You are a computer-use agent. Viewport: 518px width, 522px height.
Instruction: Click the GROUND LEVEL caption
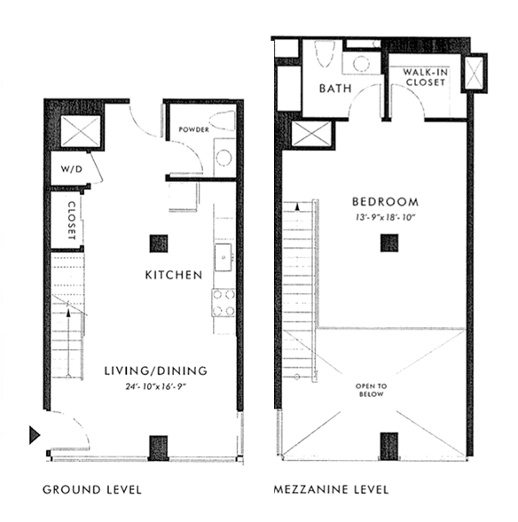point(91,489)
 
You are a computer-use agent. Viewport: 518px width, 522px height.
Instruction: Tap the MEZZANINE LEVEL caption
point(331,489)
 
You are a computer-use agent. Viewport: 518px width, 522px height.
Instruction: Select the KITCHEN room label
point(173,276)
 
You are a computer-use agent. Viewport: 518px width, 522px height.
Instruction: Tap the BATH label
point(334,89)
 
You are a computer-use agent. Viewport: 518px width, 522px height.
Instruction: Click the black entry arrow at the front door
point(35,434)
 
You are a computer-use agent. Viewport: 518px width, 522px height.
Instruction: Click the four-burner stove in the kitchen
point(224,302)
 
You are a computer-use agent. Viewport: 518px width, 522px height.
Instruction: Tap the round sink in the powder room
point(224,159)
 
